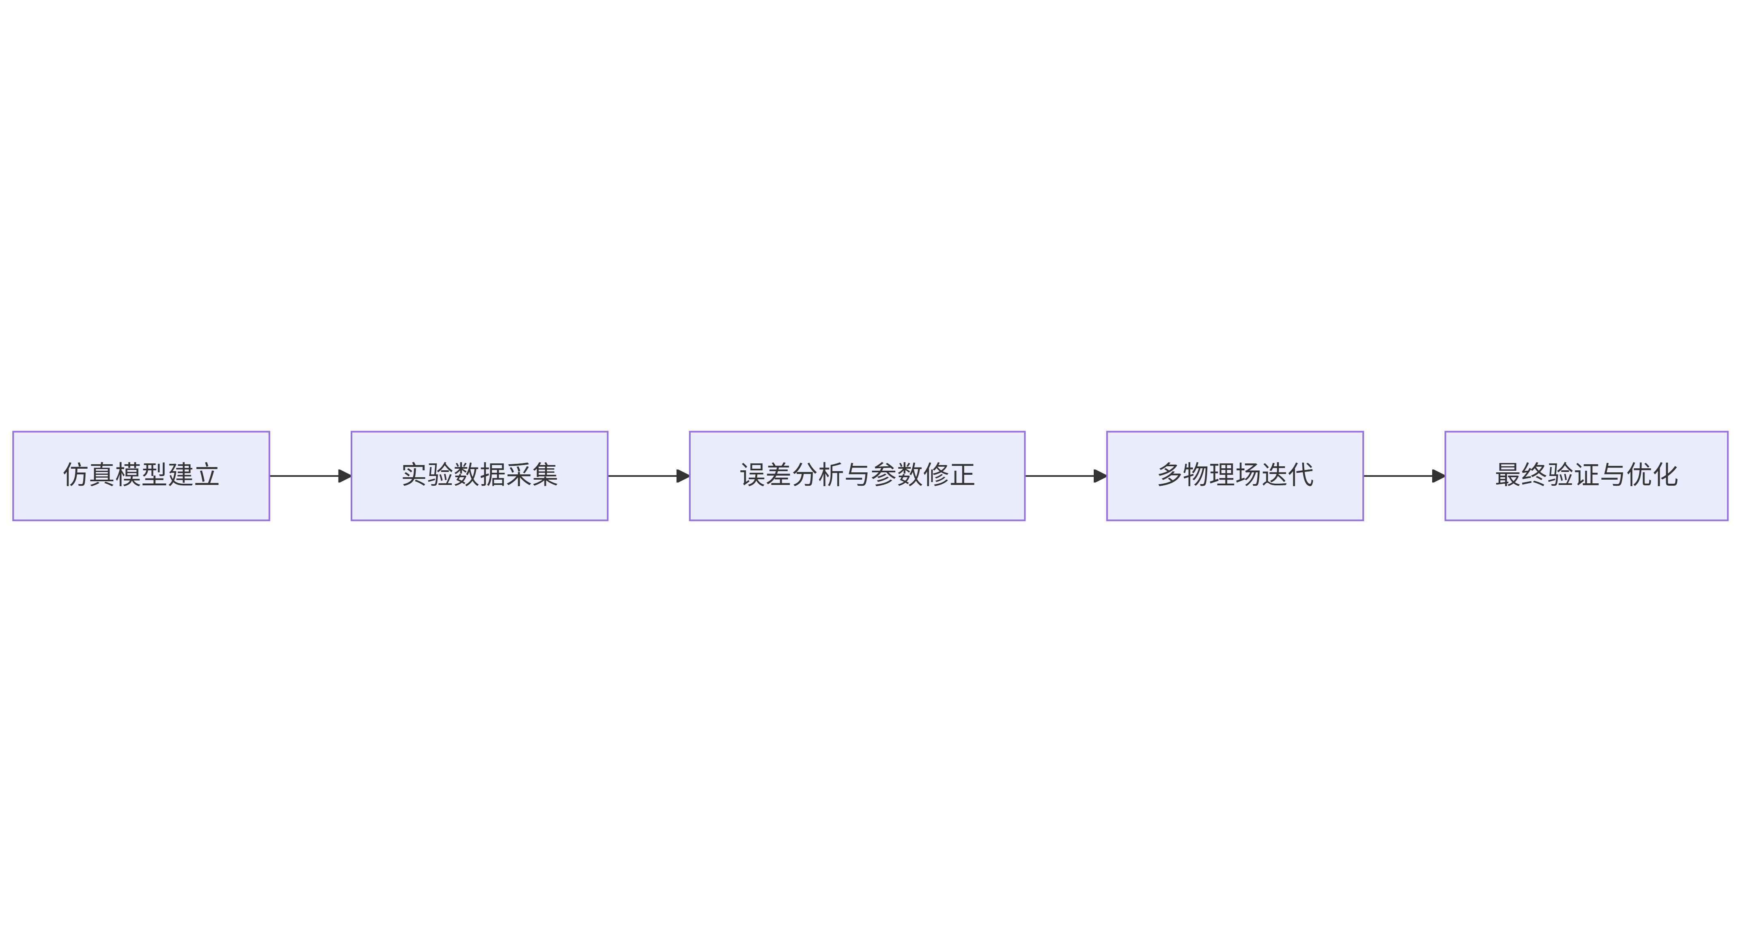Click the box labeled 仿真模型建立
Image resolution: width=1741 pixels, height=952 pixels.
[141, 476]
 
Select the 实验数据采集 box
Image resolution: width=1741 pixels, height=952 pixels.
[479, 476]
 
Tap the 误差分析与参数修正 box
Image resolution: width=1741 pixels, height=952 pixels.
[857, 476]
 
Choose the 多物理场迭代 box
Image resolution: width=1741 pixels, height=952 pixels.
[1235, 476]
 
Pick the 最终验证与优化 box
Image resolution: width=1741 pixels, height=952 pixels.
[1586, 476]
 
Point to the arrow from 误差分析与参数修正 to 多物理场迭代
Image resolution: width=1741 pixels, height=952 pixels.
[1066, 476]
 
